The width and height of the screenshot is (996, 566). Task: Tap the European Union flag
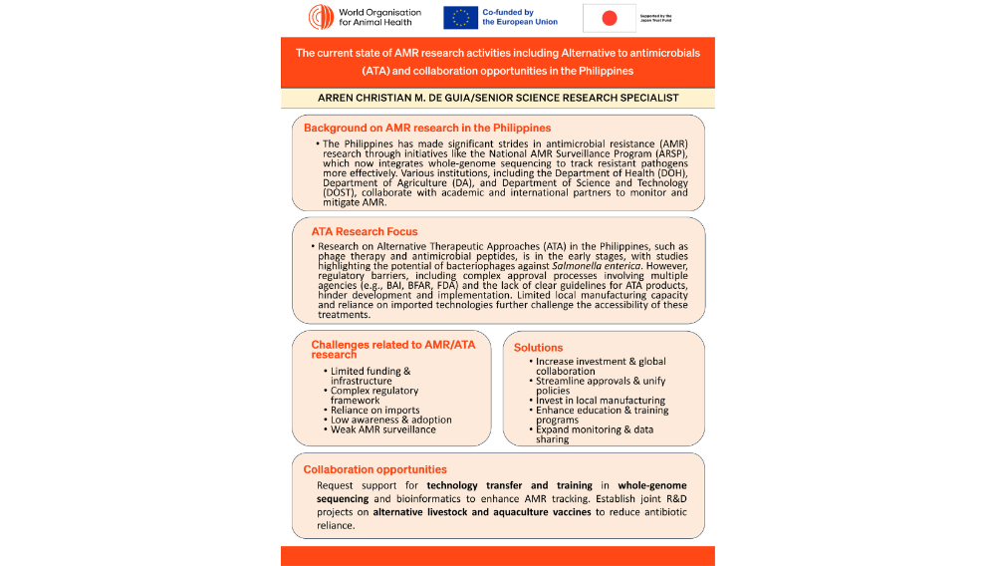tap(460, 17)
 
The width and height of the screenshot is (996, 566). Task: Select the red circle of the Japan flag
tap(610, 18)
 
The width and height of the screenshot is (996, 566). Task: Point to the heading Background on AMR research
tap(427, 129)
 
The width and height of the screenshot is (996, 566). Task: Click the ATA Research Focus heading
tap(365, 231)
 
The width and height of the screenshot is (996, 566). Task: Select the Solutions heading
tap(538, 348)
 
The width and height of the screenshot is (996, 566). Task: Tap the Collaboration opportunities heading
tap(375, 469)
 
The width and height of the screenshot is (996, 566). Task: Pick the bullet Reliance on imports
tap(375, 410)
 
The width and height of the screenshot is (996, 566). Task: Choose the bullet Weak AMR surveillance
tap(383, 429)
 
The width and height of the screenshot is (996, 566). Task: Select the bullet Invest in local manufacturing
tap(601, 400)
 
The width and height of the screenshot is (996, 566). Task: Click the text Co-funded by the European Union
tap(519, 17)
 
